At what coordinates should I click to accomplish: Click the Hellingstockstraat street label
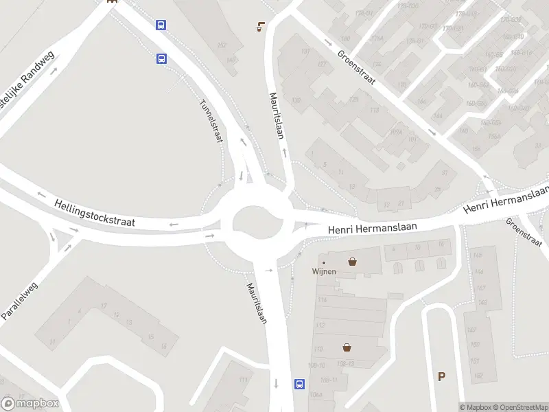(x=95, y=213)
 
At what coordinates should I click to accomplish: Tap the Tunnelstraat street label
(x=211, y=122)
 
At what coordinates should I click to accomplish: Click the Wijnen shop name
(x=324, y=271)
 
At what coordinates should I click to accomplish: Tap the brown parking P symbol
(x=441, y=376)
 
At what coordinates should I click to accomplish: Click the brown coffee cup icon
(x=261, y=27)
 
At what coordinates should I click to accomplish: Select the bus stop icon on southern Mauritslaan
(x=300, y=385)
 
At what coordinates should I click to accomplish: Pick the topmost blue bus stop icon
(x=161, y=25)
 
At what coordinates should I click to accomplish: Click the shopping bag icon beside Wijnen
(x=353, y=261)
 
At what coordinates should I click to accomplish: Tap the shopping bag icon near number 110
(x=347, y=347)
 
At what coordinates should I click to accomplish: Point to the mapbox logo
(x=30, y=404)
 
